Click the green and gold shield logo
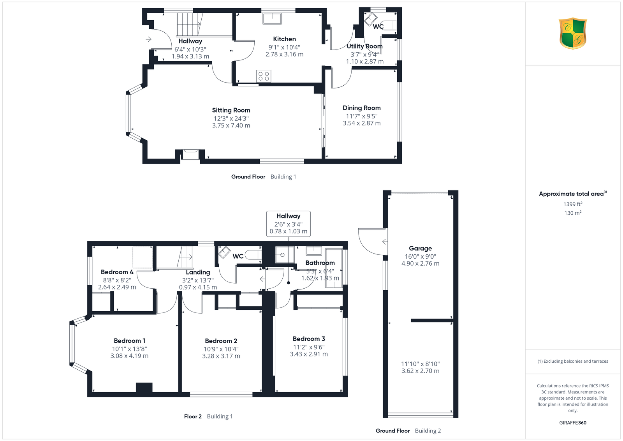(573, 34)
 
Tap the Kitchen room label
(284, 39)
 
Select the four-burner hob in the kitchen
(264, 76)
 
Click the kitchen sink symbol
(272, 19)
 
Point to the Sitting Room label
(231, 110)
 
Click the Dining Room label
(362, 108)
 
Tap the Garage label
(420, 249)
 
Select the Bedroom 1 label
(129, 340)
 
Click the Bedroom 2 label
(221, 341)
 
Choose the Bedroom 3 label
(309, 339)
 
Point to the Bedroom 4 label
(117, 272)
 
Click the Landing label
(198, 272)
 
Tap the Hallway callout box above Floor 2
(289, 224)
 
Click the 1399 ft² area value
(573, 204)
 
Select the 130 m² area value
(573, 213)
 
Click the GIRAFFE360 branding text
(573, 423)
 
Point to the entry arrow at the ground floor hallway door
(148, 39)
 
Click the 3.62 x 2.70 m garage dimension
(420, 370)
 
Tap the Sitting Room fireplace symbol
(190, 154)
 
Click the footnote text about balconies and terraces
(573, 361)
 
